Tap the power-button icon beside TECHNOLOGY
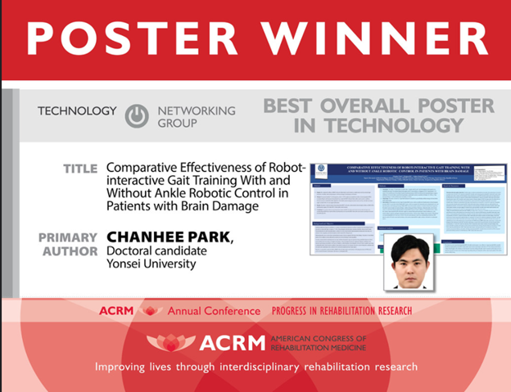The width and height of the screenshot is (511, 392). coord(137,116)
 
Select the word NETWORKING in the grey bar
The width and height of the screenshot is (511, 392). coord(196,110)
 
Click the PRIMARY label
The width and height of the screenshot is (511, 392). coord(69,237)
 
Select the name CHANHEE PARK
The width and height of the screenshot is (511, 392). coord(168,237)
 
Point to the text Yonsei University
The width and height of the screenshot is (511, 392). coord(151,264)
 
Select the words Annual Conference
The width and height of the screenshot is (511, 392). coord(215,311)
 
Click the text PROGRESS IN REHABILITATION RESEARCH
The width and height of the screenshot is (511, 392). coord(342,311)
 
